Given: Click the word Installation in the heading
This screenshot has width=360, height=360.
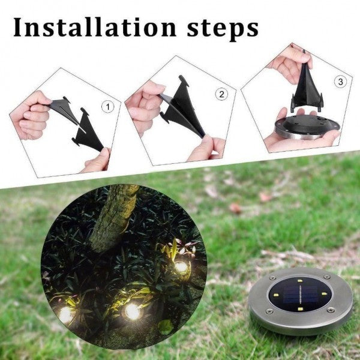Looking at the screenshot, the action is point(95,28).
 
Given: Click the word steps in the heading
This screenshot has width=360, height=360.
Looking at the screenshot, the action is point(223,30).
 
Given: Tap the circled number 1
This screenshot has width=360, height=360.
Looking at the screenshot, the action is point(107,107).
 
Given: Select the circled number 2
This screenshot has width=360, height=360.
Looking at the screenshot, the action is point(221,94).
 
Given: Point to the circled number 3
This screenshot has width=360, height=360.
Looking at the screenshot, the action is point(340,82).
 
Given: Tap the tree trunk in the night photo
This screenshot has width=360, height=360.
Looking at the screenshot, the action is point(113,218).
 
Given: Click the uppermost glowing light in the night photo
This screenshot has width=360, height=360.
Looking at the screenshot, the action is point(181,267).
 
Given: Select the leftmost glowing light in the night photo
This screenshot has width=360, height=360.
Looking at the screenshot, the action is point(66,315).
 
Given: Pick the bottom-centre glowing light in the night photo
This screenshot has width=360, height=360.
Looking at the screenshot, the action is point(133,311).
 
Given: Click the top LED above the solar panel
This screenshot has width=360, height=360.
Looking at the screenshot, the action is point(300,281).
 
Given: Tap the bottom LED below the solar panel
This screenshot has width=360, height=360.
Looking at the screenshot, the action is point(299,309).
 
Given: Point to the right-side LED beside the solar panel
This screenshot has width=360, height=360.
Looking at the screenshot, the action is point(324,293).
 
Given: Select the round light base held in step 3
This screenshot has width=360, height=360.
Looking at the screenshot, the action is point(307,128).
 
